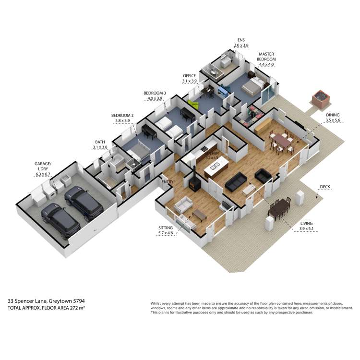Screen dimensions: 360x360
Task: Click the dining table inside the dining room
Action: pyautogui.click(x=282, y=141)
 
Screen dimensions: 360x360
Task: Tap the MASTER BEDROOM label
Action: pyautogui.click(x=266, y=57)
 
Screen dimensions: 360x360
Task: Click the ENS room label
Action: pyautogui.click(x=241, y=40)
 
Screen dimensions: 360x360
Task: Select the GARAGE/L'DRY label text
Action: pyautogui.click(x=43, y=166)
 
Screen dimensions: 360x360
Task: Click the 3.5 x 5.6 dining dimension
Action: pyautogui.click(x=333, y=120)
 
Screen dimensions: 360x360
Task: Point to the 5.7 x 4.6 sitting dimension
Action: pyautogui.click(x=166, y=233)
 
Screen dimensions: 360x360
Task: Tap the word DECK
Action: pyautogui.click(x=325, y=187)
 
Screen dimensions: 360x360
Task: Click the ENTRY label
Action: pyautogui.click(x=168, y=182)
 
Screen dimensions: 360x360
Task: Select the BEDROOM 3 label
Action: pyautogui.click(x=155, y=93)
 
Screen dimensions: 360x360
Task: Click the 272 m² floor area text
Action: pyautogui.click(x=77, y=308)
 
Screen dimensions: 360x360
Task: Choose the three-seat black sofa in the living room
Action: pyautogui.click(x=236, y=181)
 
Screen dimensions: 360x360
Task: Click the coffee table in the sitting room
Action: pyautogui.click(x=199, y=215)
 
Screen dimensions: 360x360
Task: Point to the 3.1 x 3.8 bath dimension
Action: pyautogui.click(x=100, y=147)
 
